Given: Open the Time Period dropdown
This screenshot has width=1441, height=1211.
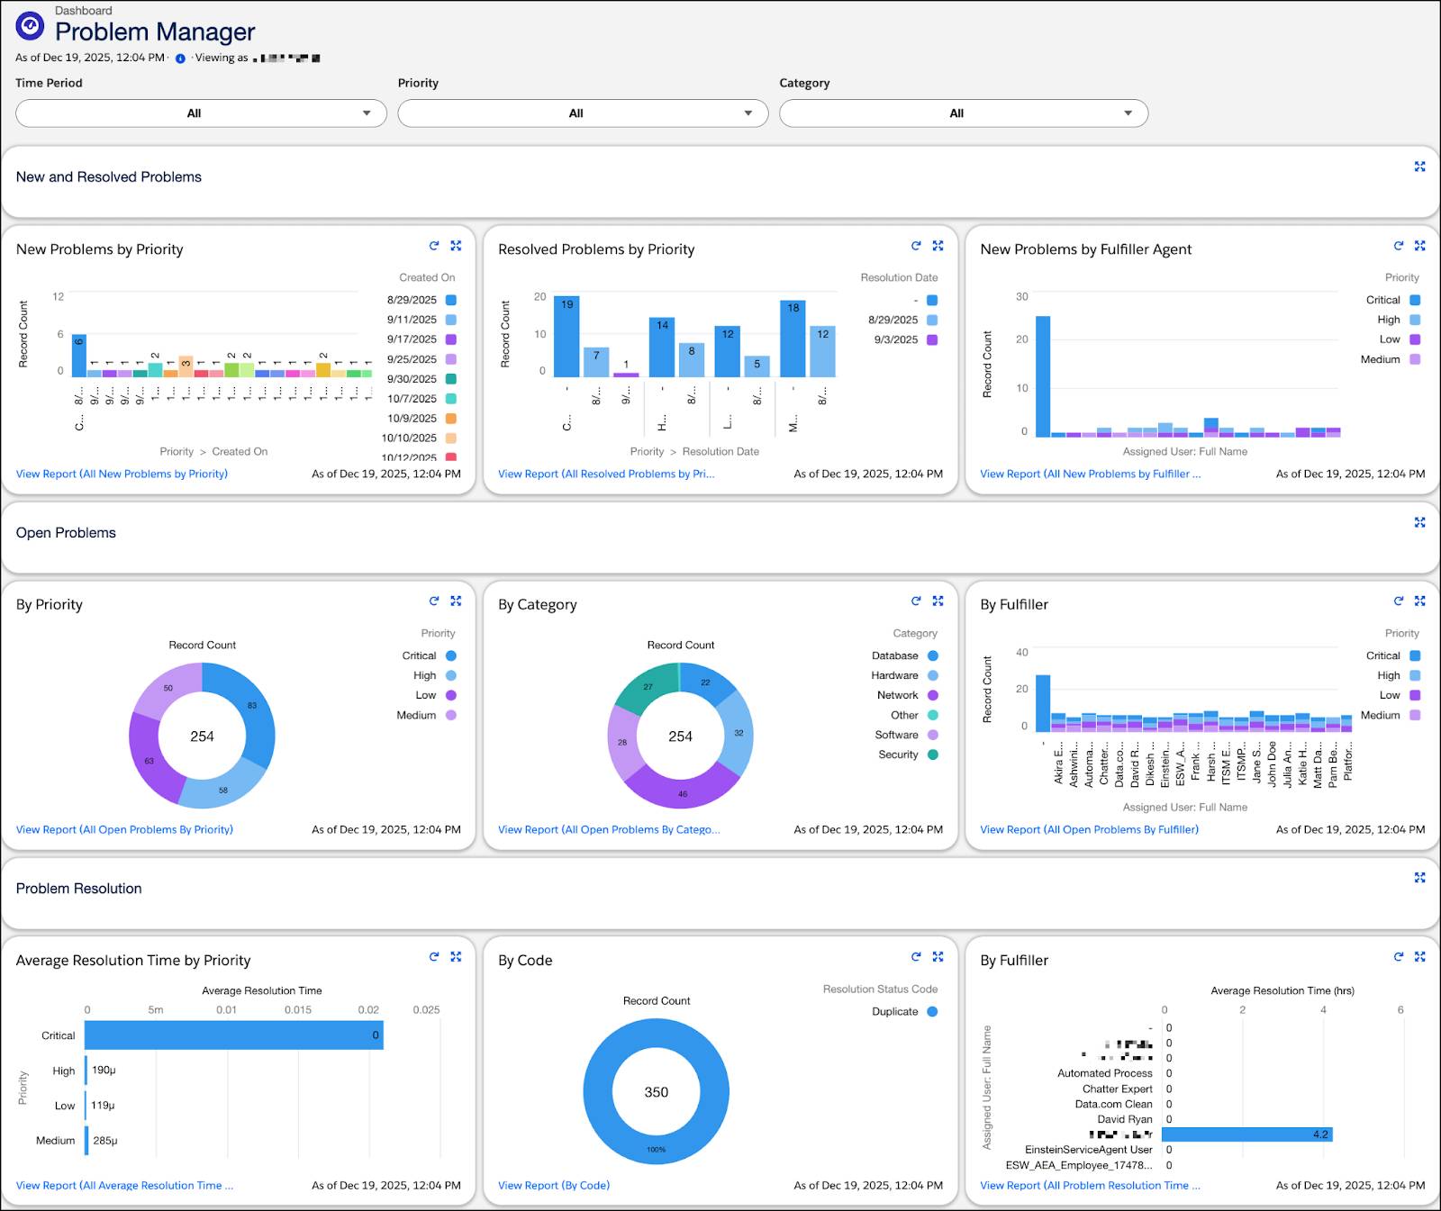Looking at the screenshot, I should (x=201, y=113).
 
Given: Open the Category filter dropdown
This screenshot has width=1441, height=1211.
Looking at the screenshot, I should (x=963, y=113).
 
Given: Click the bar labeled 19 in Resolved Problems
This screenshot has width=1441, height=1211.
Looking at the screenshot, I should (x=566, y=338).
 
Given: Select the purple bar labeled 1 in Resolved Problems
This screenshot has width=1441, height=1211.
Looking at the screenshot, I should (x=626, y=374).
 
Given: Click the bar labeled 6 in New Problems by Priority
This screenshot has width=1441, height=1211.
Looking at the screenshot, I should (x=79, y=356).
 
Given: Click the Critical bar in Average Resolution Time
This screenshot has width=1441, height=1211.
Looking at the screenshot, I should (x=234, y=1035).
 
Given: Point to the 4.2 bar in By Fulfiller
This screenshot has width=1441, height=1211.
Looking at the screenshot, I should (x=1246, y=1134).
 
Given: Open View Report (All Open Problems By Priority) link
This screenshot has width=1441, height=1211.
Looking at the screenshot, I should (x=124, y=829).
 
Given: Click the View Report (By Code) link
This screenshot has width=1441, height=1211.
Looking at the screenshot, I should (x=554, y=1185).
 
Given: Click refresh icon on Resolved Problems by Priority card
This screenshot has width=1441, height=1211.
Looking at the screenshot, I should (x=916, y=246).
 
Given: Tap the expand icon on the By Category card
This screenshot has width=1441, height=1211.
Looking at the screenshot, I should (x=938, y=601).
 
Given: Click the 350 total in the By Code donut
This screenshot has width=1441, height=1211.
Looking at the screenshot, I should (x=656, y=1092).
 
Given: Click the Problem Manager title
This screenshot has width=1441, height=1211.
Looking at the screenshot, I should (x=155, y=32).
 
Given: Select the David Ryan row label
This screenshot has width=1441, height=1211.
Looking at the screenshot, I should (x=1124, y=1119).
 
